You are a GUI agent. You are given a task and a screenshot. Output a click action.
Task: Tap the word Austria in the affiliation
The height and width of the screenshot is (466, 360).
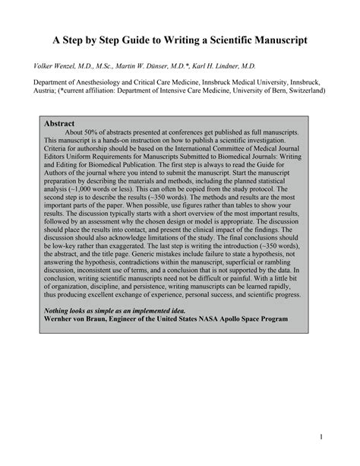45,90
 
